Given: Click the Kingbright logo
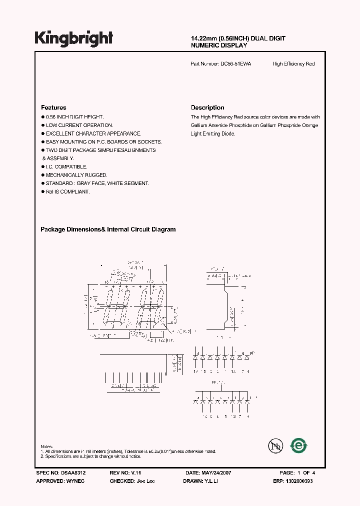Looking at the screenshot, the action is pos(73,38).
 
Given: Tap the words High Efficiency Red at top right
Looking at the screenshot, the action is pos(293,64).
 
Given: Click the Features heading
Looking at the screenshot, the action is pos(53,107).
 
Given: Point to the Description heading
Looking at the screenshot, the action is pos(207,107).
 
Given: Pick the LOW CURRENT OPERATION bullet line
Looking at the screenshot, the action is pos(79,125).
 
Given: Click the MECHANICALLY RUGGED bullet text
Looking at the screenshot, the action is pos(76,175).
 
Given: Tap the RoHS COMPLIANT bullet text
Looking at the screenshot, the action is pos(68,191).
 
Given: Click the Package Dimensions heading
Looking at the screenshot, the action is pos(107,229).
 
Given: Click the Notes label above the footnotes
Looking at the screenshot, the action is pos(46,446).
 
